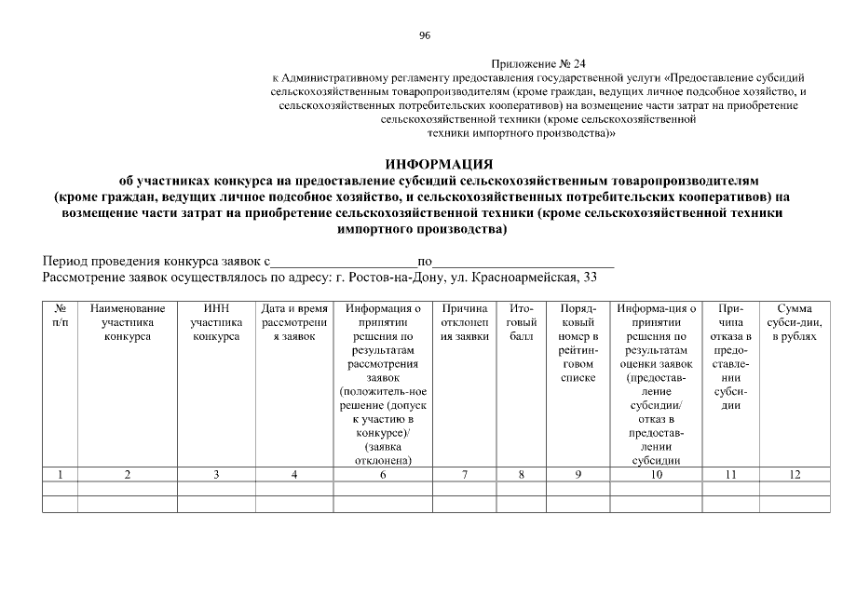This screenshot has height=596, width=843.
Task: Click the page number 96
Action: pyautogui.click(x=425, y=35)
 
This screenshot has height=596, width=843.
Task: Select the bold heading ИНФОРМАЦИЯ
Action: pyautogui.click(x=426, y=164)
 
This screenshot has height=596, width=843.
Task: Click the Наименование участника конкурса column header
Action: pyautogui.click(x=128, y=322)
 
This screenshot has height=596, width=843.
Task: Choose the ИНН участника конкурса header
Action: pyautogui.click(x=216, y=322)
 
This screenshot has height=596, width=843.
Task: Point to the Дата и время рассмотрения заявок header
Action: pyautogui.click(x=294, y=322)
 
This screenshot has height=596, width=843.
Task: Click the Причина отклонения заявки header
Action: pyautogui.click(x=465, y=322)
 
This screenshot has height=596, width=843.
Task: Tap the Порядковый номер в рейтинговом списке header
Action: pyautogui.click(x=578, y=343)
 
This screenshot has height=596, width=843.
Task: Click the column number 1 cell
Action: pyautogui.click(x=60, y=475)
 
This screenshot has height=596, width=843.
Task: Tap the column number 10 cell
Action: pyautogui.click(x=657, y=475)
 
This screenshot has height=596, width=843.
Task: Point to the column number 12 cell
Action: pyautogui.click(x=794, y=475)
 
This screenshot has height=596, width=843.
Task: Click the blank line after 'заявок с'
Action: pyautogui.click(x=344, y=263)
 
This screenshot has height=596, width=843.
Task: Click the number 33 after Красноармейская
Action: pyautogui.click(x=588, y=278)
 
